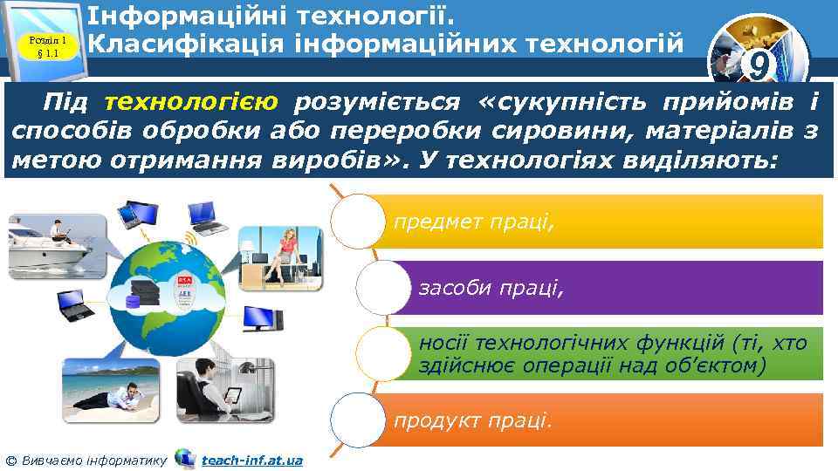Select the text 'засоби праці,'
492,287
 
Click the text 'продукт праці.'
473,421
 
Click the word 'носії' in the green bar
442,344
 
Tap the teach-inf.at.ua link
251,460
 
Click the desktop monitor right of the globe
263,318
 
